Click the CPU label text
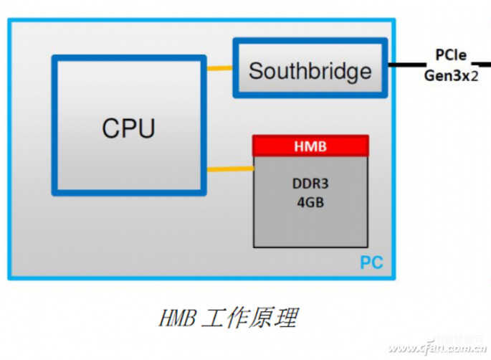click(128, 128)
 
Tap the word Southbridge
click(310, 71)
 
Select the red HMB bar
click(310, 146)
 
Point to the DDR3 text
click(310, 184)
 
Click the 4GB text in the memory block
click(310, 202)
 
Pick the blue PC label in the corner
click(371, 262)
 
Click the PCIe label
click(449, 55)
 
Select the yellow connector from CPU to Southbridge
click(219, 69)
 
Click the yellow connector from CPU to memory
click(229, 169)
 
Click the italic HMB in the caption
click(175, 317)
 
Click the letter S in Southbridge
click(255, 71)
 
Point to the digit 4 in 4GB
click(301, 202)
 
